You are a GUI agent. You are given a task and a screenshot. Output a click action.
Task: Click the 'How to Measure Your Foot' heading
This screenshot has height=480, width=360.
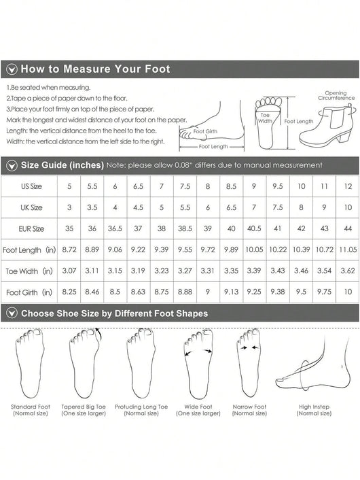click(95, 69)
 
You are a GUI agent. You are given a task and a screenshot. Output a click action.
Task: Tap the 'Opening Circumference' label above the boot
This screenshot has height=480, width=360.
click(336, 95)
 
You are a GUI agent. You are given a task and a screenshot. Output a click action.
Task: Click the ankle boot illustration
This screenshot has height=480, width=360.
click(327, 126)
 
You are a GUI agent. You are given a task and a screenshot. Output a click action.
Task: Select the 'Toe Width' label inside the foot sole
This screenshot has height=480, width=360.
click(265, 118)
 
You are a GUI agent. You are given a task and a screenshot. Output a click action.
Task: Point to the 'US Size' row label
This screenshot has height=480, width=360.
click(31, 186)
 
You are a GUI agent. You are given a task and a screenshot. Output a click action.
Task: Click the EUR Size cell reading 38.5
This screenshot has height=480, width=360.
click(185, 228)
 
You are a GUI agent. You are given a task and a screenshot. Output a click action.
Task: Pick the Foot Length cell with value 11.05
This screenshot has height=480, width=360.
click(348, 250)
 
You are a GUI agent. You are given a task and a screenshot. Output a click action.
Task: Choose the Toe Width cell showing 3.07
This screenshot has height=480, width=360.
click(69, 271)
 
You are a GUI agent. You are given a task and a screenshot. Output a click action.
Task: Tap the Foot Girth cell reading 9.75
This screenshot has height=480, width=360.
click(324, 292)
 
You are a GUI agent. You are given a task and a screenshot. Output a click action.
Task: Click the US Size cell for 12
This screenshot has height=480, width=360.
click(348, 186)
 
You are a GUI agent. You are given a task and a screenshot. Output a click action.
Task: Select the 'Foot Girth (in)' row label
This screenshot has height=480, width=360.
click(29, 292)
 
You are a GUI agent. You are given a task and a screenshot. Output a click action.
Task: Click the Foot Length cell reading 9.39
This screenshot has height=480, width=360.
click(162, 250)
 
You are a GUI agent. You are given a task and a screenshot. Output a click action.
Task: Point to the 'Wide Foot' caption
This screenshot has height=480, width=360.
click(198, 407)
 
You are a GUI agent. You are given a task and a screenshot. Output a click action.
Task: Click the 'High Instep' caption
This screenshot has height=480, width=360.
click(314, 407)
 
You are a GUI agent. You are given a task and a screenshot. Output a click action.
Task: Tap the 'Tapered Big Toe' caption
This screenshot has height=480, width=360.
click(84, 407)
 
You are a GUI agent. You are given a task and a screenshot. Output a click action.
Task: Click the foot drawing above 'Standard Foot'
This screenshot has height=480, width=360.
click(30, 363)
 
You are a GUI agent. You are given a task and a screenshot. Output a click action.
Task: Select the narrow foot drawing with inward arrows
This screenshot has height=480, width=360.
click(249, 363)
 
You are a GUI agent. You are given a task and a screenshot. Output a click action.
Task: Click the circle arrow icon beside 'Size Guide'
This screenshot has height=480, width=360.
click(12, 166)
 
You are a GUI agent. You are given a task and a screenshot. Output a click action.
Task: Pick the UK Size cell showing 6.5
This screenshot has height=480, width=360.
click(231, 207)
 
